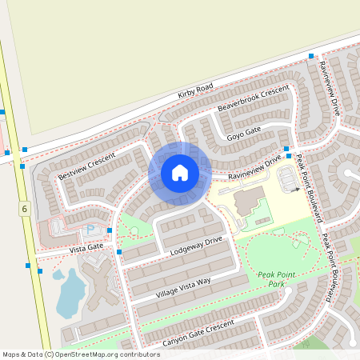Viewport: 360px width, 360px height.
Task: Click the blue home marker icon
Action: (x=180, y=172)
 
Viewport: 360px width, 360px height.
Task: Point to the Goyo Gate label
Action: (x=244, y=132)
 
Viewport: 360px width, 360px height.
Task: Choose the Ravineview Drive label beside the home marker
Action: (x=254, y=166)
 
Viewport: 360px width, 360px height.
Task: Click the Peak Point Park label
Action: (x=277, y=279)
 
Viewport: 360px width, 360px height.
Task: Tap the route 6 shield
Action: (x=25, y=209)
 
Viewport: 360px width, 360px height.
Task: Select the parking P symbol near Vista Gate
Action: (x=90, y=230)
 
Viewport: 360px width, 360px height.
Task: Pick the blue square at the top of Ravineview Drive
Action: (x=311, y=56)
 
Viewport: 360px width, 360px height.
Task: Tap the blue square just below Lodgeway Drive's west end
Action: (x=119, y=252)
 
